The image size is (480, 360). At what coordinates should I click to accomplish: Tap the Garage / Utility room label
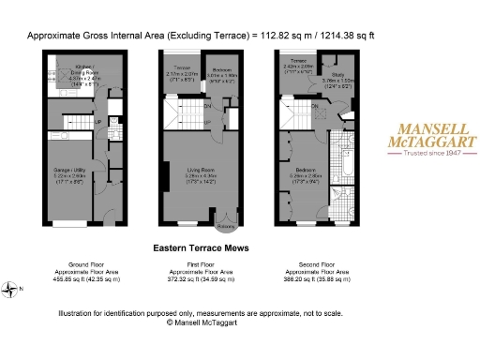[x=68, y=173]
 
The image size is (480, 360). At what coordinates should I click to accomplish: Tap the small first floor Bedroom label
[x=221, y=69]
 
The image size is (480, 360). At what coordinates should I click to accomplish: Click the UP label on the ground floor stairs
[x=97, y=122]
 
